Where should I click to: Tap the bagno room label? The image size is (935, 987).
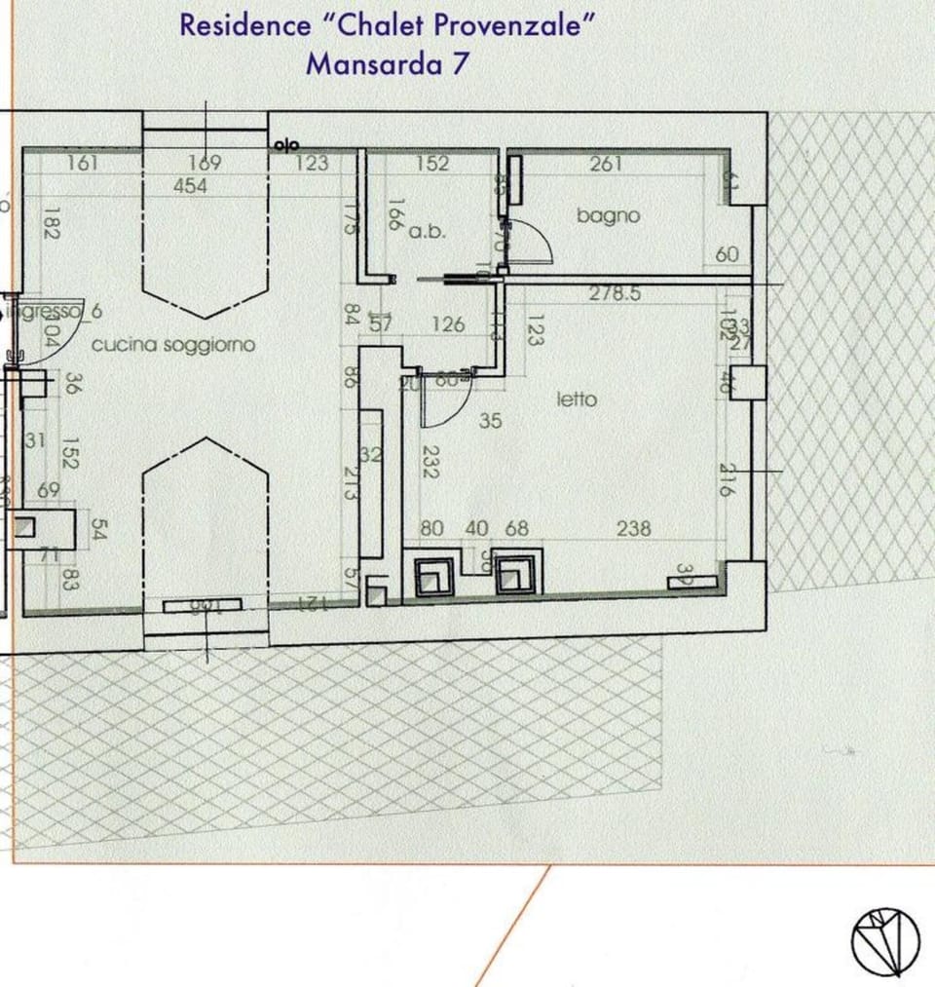(608, 215)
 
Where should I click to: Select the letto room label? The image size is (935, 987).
(577, 399)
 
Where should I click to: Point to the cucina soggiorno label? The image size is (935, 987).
(172, 345)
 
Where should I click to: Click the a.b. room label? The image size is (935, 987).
(427, 232)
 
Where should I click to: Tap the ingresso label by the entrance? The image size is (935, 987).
(45, 312)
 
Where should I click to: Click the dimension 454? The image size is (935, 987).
(190, 186)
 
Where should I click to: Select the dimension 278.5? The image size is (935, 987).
(615, 293)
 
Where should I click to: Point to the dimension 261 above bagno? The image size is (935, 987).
(605, 164)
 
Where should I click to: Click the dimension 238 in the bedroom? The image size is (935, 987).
(634, 528)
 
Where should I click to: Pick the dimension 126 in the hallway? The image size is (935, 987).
(447, 324)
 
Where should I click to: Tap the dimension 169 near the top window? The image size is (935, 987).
(204, 163)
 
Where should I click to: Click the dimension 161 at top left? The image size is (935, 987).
(83, 163)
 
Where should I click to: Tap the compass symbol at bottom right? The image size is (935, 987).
(885, 941)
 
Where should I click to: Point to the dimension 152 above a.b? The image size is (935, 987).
(432, 164)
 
